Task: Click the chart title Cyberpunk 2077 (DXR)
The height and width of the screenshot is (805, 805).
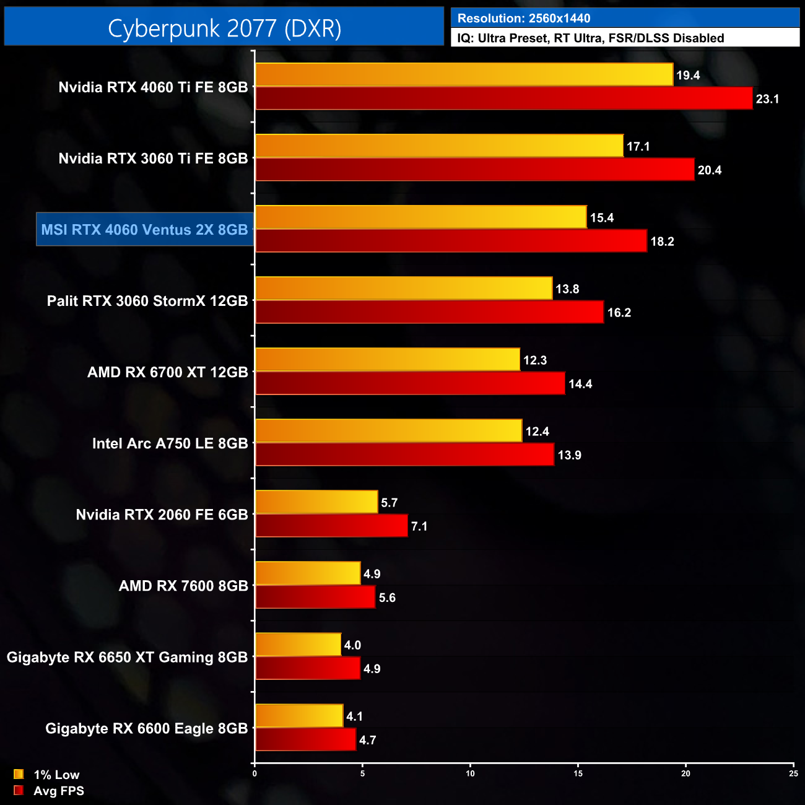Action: click(x=224, y=28)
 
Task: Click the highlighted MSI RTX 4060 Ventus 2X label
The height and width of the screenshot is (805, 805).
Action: click(x=145, y=230)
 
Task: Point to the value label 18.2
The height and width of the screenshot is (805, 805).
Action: click(x=662, y=241)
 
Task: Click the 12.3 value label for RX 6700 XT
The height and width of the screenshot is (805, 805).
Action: click(x=535, y=360)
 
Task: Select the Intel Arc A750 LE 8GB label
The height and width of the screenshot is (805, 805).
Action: click(x=170, y=443)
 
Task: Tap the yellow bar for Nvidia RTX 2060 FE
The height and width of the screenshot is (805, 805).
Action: click(x=316, y=502)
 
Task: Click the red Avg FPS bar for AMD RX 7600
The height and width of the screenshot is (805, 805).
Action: click(x=315, y=597)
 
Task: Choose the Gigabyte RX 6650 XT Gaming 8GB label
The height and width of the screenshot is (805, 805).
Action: click(x=127, y=657)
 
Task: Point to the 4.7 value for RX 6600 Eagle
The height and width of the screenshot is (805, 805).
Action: click(x=367, y=740)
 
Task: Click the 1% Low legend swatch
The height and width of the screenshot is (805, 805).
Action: click(x=19, y=774)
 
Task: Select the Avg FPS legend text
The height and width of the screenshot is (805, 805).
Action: click(x=59, y=791)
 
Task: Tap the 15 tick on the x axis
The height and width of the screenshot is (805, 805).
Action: click(x=578, y=773)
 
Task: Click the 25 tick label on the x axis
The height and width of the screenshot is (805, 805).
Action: click(x=793, y=773)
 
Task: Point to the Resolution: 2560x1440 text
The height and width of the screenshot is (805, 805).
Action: click(x=524, y=19)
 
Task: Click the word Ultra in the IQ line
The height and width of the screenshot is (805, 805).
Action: click(x=494, y=38)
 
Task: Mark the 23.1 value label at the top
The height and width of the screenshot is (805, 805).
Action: click(x=767, y=99)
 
